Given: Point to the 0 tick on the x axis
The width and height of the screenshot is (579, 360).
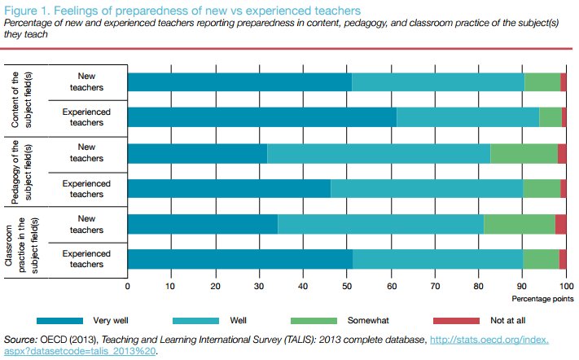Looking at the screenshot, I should pos(128,286).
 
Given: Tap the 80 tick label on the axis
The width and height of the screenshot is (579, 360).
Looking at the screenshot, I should pos(479,286).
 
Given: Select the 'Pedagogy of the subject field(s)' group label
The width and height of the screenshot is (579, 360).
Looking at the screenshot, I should pos(22,171).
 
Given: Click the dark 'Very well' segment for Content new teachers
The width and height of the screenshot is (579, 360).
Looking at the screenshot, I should pos(239,81).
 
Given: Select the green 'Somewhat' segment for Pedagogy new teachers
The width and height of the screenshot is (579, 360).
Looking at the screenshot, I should pos(524,153).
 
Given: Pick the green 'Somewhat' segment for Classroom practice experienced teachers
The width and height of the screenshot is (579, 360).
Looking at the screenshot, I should pos(541,259).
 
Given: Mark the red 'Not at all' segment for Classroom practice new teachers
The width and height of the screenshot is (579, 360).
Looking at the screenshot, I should pos(560,224).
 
